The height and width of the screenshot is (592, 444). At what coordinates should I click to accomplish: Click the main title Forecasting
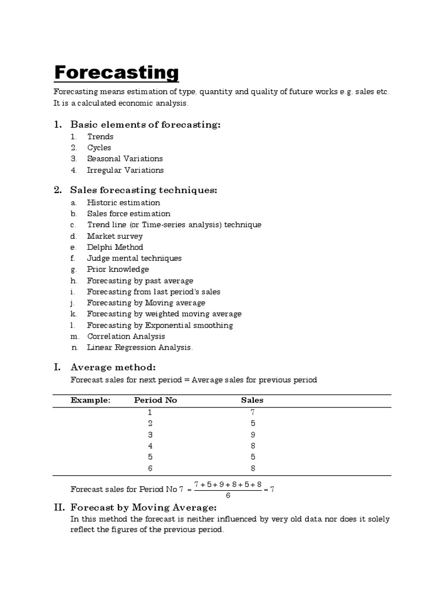click(x=116, y=73)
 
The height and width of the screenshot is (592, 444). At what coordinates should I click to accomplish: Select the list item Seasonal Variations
click(x=125, y=158)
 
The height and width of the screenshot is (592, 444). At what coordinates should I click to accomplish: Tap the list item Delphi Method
click(x=115, y=247)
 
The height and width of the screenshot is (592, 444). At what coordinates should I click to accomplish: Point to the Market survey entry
click(x=114, y=236)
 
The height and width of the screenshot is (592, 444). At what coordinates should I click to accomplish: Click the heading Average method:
click(x=113, y=367)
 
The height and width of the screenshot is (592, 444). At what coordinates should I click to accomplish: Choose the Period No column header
click(x=156, y=399)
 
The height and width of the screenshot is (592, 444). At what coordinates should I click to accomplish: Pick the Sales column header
click(x=252, y=399)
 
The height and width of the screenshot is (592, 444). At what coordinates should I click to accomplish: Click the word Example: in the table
click(x=90, y=399)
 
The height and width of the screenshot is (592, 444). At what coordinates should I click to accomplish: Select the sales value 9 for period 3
click(x=253, y=434)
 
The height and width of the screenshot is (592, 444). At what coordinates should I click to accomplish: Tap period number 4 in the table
click(x=150, y=446)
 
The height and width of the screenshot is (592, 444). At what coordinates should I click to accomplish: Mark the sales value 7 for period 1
click(x=253, y=412)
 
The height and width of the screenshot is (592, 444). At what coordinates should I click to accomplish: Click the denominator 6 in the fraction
click(x=228, y=495)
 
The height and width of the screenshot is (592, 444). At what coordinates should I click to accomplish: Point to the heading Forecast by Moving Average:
click(x=143, y=507)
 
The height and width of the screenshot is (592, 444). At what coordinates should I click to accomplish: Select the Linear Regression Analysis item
click(x=140, y=347)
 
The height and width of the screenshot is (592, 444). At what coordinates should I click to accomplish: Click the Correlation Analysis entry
click(x=126, y=336)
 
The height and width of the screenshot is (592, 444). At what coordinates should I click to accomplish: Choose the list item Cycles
click(x=99, y=147)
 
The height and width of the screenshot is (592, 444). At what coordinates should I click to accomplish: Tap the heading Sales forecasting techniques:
click(x=143, y=190)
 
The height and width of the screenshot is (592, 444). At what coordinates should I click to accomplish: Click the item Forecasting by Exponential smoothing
click(x=160, y=325)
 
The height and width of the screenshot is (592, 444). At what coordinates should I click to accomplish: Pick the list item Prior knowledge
click(x=118, y=269)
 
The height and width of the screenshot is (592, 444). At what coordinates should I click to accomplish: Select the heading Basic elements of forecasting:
click(x=145, y=124)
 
